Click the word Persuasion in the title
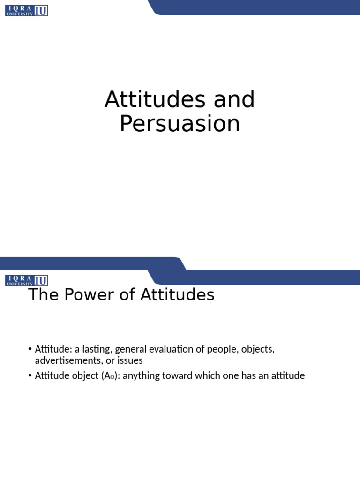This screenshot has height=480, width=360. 180,124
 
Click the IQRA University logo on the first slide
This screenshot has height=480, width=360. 27,10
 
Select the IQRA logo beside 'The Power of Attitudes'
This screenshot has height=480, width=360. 27,280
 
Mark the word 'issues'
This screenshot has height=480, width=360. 131,361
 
